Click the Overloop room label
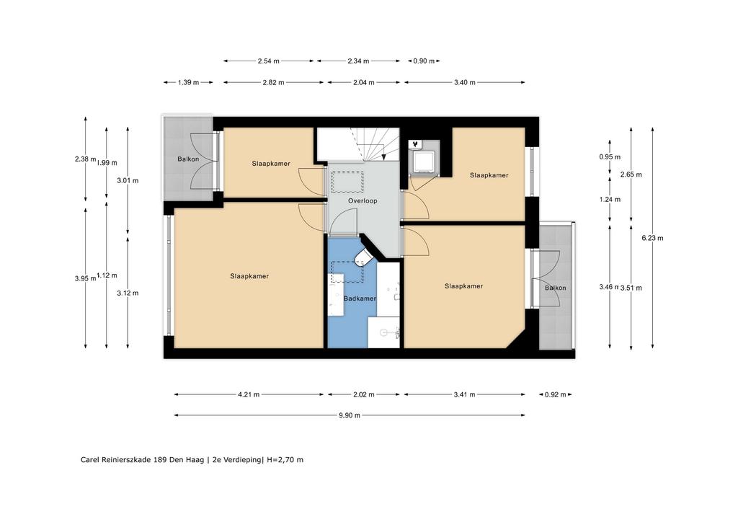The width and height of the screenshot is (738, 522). point(363,201)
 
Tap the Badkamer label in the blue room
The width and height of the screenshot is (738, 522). point(359,298)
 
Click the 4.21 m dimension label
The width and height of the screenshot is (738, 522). point(248,394)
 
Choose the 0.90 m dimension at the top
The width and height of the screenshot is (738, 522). point(424,61)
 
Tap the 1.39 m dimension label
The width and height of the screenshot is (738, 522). point(188,83)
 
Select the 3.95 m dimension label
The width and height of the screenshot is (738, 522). point(85,278)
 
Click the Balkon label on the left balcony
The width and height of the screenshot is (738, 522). point(188,159)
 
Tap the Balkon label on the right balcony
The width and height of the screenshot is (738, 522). point(555,288)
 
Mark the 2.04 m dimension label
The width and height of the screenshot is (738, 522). point(363,83)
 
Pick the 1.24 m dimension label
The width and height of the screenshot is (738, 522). point(610,199)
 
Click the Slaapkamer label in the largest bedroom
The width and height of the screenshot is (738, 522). point(249,276)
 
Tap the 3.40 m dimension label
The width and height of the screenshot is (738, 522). point(464,83)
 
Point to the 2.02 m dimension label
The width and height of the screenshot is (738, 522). point(365,394)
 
